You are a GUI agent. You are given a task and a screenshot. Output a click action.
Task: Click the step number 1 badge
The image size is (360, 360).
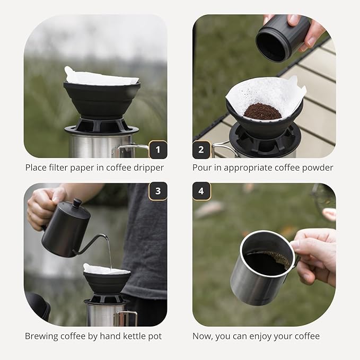point(157,150)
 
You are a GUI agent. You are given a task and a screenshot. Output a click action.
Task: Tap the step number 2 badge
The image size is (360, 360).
point(201,150)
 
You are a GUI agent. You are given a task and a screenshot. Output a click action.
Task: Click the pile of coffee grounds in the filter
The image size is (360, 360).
point(262,111)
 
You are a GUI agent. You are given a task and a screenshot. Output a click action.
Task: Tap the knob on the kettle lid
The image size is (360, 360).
point(77,203)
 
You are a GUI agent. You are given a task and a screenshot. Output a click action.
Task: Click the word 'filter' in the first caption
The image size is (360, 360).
point(59,168)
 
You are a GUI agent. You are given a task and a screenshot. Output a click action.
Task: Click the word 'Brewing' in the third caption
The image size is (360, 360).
point(42,336)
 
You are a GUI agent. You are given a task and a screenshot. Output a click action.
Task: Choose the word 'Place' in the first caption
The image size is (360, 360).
point(37,168)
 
